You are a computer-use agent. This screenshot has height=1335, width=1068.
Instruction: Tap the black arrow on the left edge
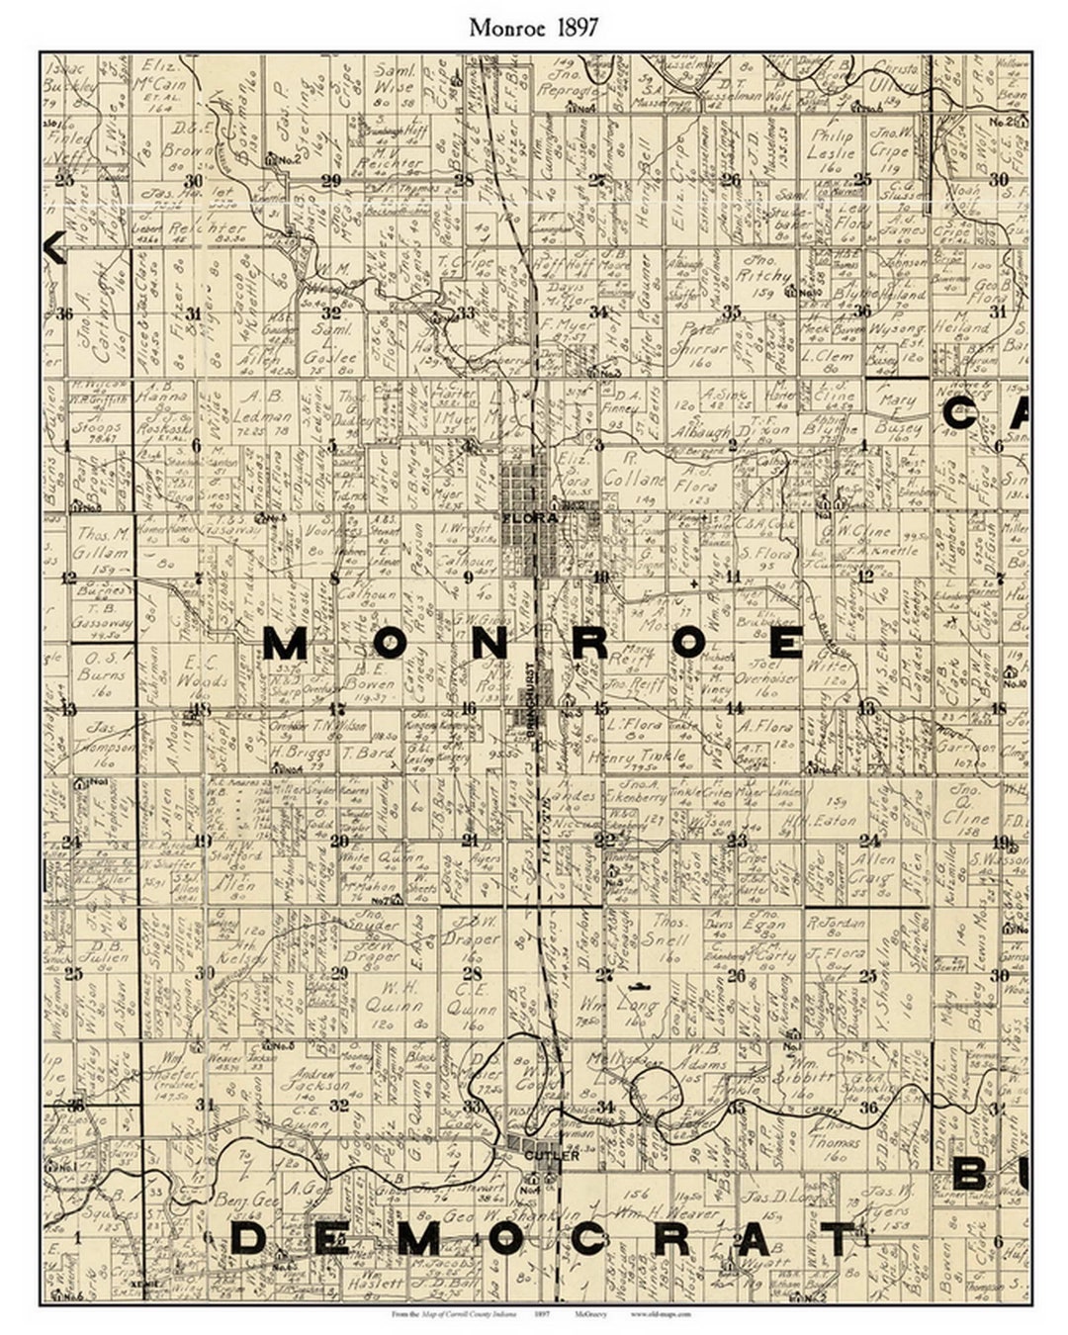tap(55, 247)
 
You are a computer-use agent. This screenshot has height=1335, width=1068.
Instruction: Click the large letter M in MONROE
tap(287, 645)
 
